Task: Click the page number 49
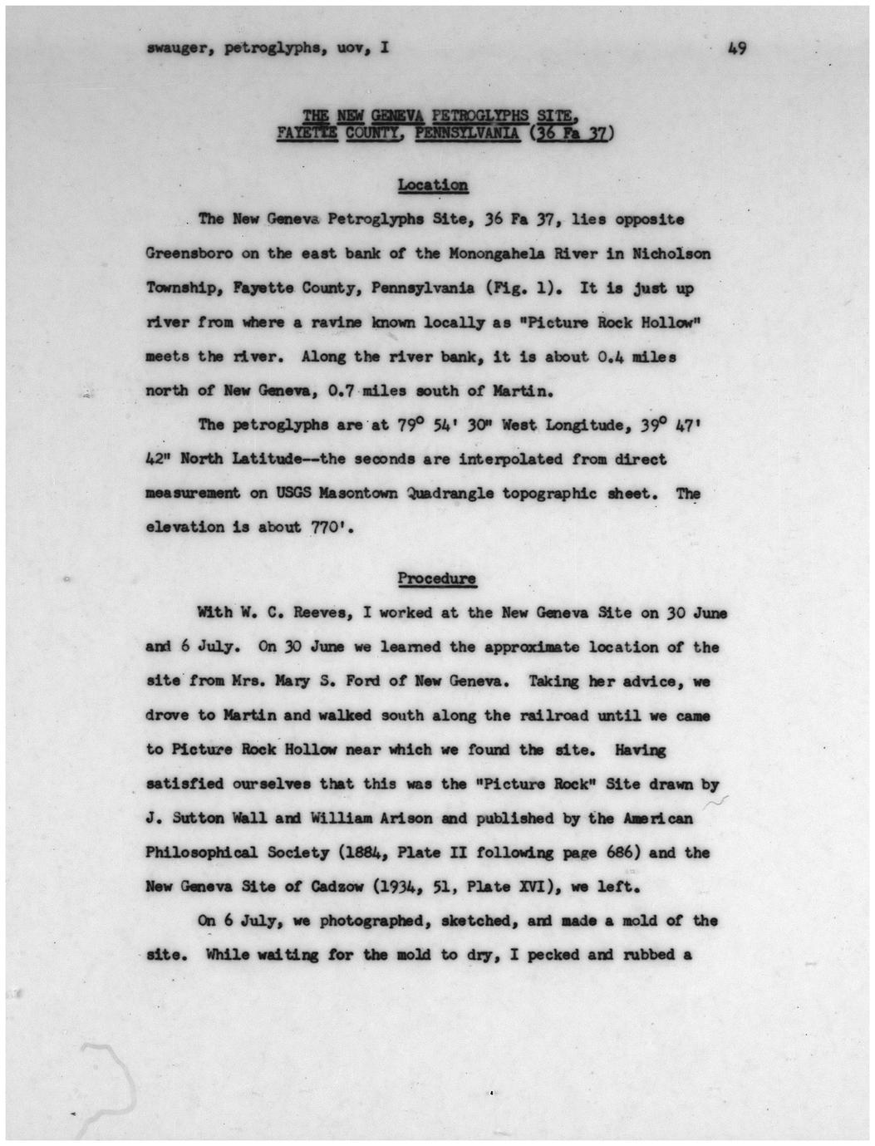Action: [x=735, y=48]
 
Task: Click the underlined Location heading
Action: [x=432, y=184]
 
